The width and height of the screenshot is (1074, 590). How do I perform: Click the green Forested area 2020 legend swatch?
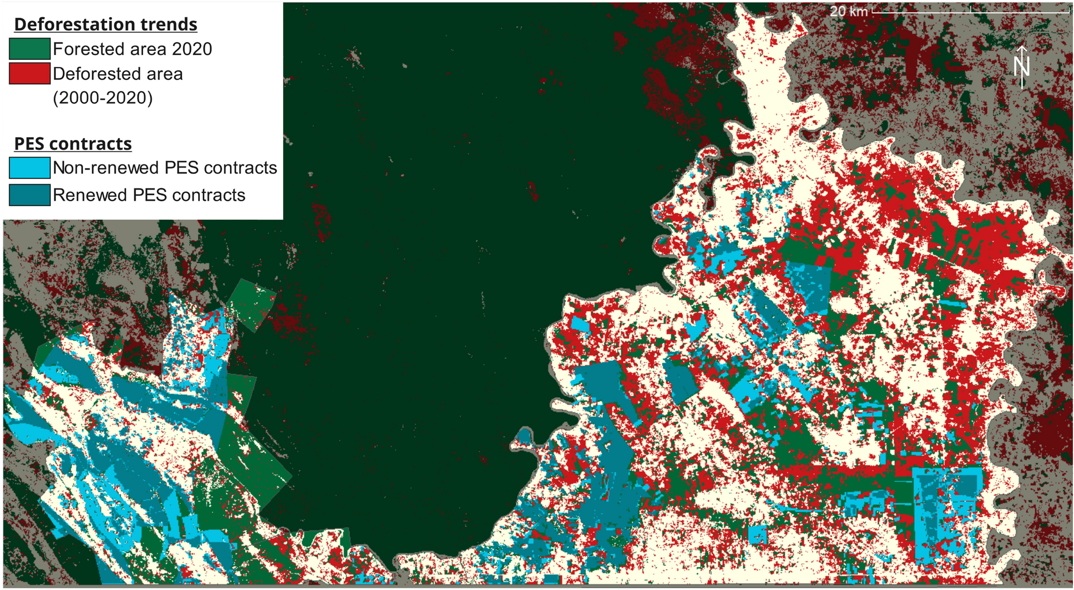pyautogui.click(x=30, y=49)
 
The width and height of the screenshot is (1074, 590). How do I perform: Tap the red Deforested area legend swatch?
pyautogui.click(x=30, y=73)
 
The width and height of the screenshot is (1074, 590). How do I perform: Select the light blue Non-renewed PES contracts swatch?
pyautogui.click(x=30, y=168)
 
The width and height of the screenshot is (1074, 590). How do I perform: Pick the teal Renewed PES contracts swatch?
pyautogui.click(x=30, y=195)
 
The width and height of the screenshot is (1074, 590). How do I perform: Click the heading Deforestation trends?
pyautogui.click(x=106, y=24)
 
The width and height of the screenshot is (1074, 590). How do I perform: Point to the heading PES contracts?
pyautogui.click(x=73, y=143)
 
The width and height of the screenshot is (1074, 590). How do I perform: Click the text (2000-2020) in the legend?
pyautogui.click(x=103, y=97)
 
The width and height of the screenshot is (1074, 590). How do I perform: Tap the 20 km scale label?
pyautogui.click(x=848, y=11)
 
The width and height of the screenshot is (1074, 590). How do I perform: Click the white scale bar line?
pyautogui.click(x=970, y=11)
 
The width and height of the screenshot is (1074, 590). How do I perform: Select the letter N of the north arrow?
pyautogui.click(x=1021, y=67)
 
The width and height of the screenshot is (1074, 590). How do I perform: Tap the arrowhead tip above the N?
pyautogui.click(x=1022, y=47)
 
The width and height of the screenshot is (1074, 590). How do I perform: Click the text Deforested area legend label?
pyautogui.click(x=118, y=73)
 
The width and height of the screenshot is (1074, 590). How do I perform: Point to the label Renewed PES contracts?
pyautogui.click(x=149, y=195)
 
